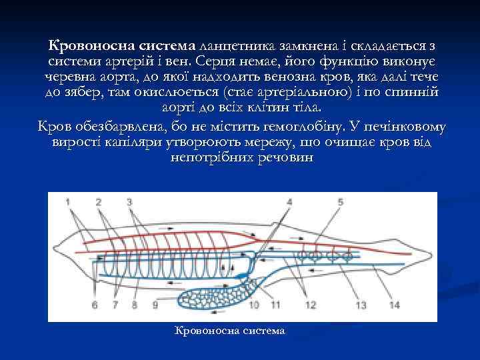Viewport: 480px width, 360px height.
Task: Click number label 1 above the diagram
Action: [x=69, y=201]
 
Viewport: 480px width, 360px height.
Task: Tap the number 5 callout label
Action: [x=341, y=201]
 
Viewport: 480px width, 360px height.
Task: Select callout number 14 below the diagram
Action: [x=395, y=305]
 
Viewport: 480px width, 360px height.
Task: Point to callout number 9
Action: [x=155, y=305]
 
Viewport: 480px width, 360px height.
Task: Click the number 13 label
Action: [x=362, y=305]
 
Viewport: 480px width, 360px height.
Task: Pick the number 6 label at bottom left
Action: [x=94, y=305]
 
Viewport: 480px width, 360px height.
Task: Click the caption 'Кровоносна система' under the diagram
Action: [x=229, y=331]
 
